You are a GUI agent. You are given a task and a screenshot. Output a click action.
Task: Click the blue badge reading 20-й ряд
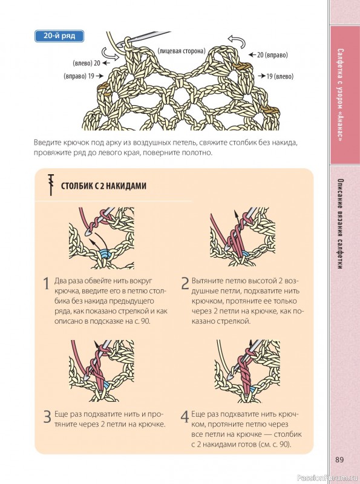coord(59,36)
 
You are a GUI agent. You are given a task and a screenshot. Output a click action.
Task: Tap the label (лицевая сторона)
coord(182,51)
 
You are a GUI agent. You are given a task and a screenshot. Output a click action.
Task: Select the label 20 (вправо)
coord(268,55)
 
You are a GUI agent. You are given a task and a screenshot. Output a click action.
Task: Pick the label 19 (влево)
coord(276,76)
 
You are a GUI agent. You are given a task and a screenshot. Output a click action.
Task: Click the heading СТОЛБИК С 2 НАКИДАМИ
coord(103,186)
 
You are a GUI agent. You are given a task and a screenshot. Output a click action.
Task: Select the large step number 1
coord(46,284)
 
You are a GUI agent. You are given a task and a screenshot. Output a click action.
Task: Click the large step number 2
coord(185,283)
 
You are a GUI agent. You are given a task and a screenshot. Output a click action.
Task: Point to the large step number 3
coord(47,417)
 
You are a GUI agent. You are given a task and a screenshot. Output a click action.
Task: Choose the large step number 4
coord(185,417)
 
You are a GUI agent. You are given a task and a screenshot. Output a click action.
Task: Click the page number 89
coord(339,460)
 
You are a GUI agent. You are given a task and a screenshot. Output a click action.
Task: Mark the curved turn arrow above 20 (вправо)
coord(237,41)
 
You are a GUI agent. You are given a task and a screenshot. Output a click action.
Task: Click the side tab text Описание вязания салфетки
coord(340,224)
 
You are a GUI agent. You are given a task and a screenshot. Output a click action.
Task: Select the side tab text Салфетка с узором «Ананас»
coord(340,95)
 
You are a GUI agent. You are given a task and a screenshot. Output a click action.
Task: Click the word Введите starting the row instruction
coord(48,143)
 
